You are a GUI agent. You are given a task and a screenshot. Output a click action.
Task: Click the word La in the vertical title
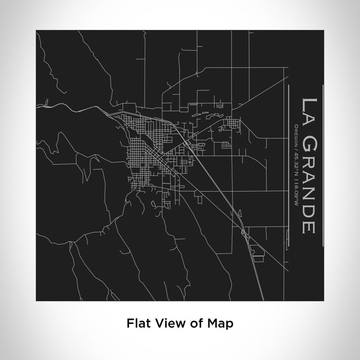click(310, 109)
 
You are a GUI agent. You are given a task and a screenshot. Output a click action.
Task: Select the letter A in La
click(310, 116)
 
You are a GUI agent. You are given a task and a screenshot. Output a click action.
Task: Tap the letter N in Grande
click(310, 193)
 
